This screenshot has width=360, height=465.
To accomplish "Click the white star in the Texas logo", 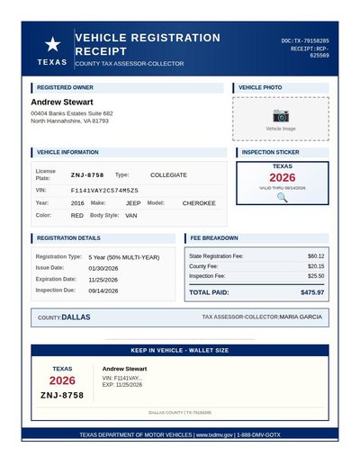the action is point(52,43).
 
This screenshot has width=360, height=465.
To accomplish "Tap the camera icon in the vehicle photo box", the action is point(281,116).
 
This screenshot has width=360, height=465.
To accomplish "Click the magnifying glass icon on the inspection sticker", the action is point(282,197).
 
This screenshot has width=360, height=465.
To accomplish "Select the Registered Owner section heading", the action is point(65,88).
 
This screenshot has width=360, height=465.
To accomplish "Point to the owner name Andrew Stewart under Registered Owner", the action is point(62,103).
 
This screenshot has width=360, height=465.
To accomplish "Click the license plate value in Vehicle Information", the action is point(87,174).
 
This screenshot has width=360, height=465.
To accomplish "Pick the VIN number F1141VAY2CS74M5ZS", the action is point(104,191).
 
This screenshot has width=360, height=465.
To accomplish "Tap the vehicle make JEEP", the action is point(133,203).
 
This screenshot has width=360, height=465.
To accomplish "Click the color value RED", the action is point(77,216).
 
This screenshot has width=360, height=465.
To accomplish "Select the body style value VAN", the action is point(131,216).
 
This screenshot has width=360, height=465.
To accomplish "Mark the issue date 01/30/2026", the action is point(103,268).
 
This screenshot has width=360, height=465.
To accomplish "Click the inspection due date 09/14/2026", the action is point(103,290).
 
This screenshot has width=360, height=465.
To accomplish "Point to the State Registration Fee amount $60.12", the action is point(316,256).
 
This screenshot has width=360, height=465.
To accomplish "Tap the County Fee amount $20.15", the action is point(316,266).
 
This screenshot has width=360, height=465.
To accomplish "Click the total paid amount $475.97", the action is point(312,292).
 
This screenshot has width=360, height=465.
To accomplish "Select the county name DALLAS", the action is point(76,317).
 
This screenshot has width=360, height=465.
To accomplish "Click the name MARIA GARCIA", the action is point(301,317).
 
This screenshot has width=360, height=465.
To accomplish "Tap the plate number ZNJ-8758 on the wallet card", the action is point(62,395).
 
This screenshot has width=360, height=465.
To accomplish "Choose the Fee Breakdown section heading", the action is point(214,238).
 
